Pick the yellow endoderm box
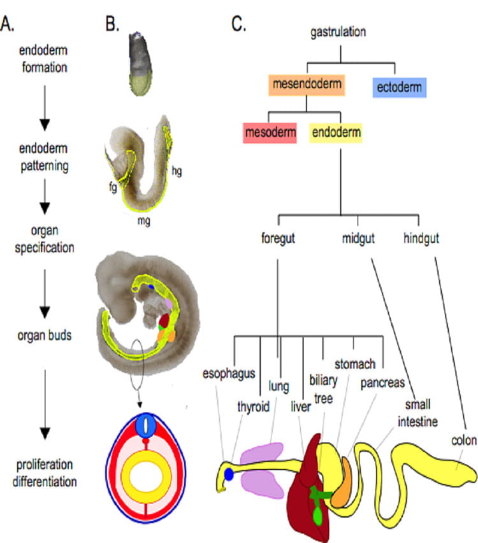point(336,133)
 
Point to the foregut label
point(279,240)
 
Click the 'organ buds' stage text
point(45,335)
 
